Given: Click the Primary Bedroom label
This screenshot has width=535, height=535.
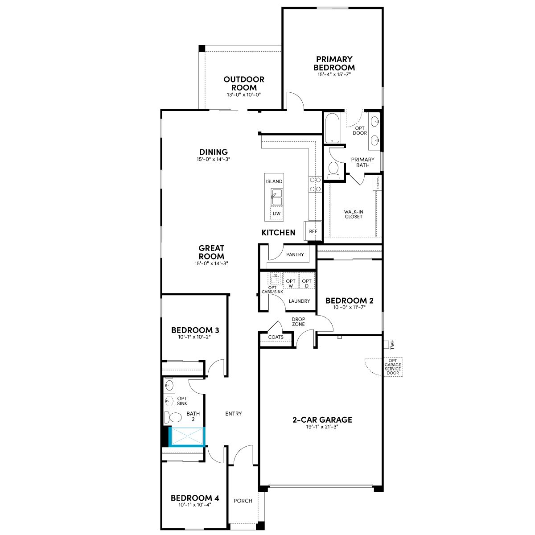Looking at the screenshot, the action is click(334, 63).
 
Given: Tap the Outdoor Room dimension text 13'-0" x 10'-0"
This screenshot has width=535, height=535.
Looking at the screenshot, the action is click(244, 95).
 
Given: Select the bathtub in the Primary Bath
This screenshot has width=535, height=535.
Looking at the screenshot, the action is click(332, 128).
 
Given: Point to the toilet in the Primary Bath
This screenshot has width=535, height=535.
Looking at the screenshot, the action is click(333, 170).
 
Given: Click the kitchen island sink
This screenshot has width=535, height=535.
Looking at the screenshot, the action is click(277, 197).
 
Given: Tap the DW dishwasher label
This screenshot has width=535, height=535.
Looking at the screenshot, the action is click(276, 214).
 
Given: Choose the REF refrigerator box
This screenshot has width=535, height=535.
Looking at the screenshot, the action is click(313, 231).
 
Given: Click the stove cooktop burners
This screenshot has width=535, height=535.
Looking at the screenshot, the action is click(315, 184).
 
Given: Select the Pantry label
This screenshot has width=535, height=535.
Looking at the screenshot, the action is click(295, 254).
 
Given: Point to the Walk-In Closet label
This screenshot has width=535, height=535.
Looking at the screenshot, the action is click(354, 214).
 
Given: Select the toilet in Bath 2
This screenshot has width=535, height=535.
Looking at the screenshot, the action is click(173, 417).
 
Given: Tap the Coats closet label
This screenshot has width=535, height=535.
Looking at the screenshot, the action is click(276, 337).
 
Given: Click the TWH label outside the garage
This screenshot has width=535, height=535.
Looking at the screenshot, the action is click(392, 344).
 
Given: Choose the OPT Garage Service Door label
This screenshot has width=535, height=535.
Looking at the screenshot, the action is click(393, 366).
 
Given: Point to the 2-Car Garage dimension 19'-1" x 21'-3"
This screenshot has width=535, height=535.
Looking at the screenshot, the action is click(322, 427).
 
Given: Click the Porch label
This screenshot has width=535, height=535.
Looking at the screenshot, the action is click(243, 501).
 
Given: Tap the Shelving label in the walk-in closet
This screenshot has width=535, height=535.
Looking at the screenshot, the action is click(377, 183).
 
